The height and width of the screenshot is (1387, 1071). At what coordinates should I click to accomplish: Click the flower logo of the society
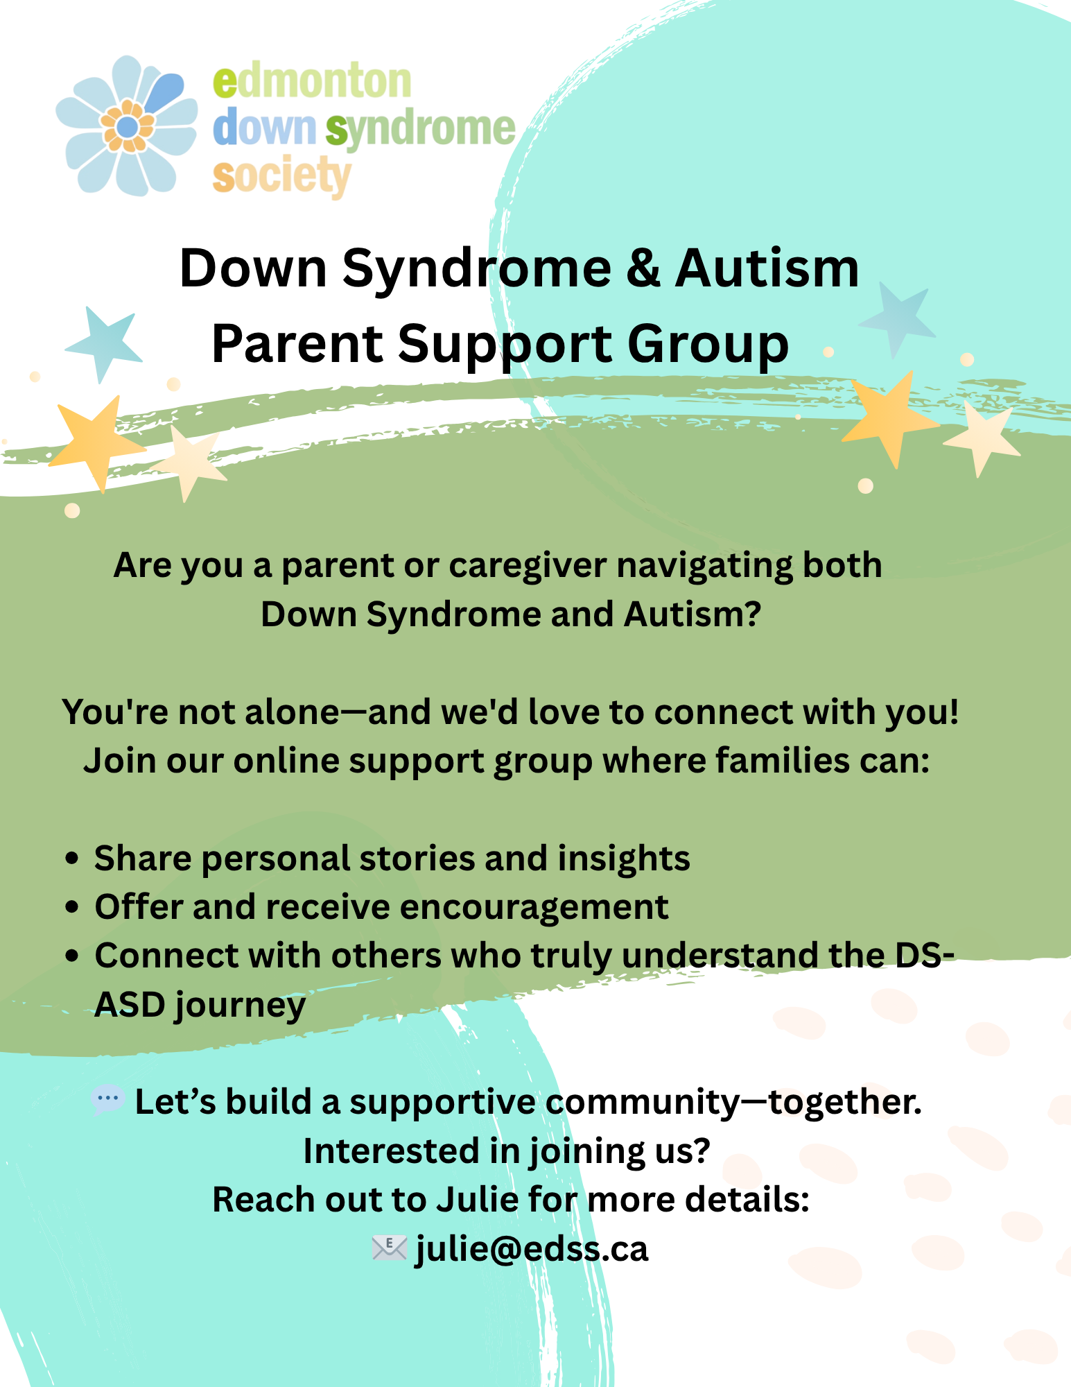(x=127, y=126)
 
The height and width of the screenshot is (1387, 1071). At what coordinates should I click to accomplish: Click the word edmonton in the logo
(x=312, y=81)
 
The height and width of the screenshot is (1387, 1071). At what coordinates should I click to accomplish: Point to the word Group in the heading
(x=708, y=345)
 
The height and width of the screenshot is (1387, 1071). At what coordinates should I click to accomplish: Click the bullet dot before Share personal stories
(x=71, y=859)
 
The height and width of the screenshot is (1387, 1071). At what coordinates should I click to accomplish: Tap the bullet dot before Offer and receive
(x=71, y=907)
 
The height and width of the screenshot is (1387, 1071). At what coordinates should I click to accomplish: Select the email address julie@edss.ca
(x=532, y=1249)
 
